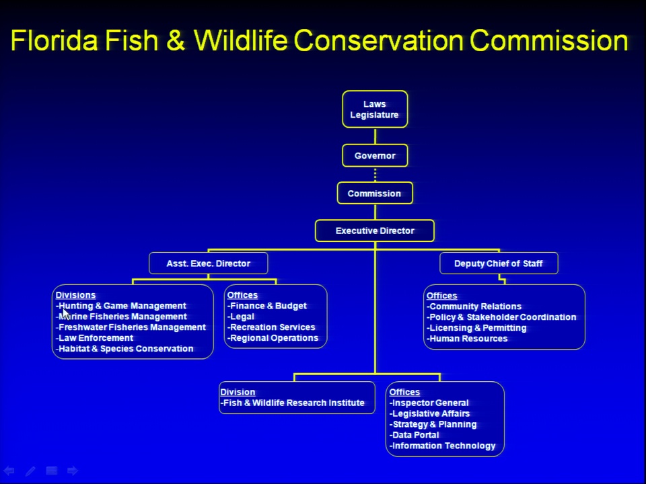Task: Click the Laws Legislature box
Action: [375, 109]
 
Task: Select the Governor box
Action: [375, 155]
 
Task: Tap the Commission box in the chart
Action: [375, 193]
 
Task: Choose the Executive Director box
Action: [375, 231]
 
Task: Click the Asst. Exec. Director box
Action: [209, 264]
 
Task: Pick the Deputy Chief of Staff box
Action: [499, 264]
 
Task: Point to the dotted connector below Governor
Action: [375, 175]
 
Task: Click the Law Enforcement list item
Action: [94, 338]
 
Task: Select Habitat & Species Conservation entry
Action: [124, 349]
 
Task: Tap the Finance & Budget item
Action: [267, 306]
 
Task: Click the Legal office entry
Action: [241, 317]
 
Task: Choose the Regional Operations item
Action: [273, 338]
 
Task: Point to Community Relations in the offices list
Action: [474, 307]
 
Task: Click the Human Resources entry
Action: [467, 339]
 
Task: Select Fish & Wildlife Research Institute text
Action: [293, 403]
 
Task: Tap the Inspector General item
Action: [429, 403]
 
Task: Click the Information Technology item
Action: [442, 446]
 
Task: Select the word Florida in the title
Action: [55, 40]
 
